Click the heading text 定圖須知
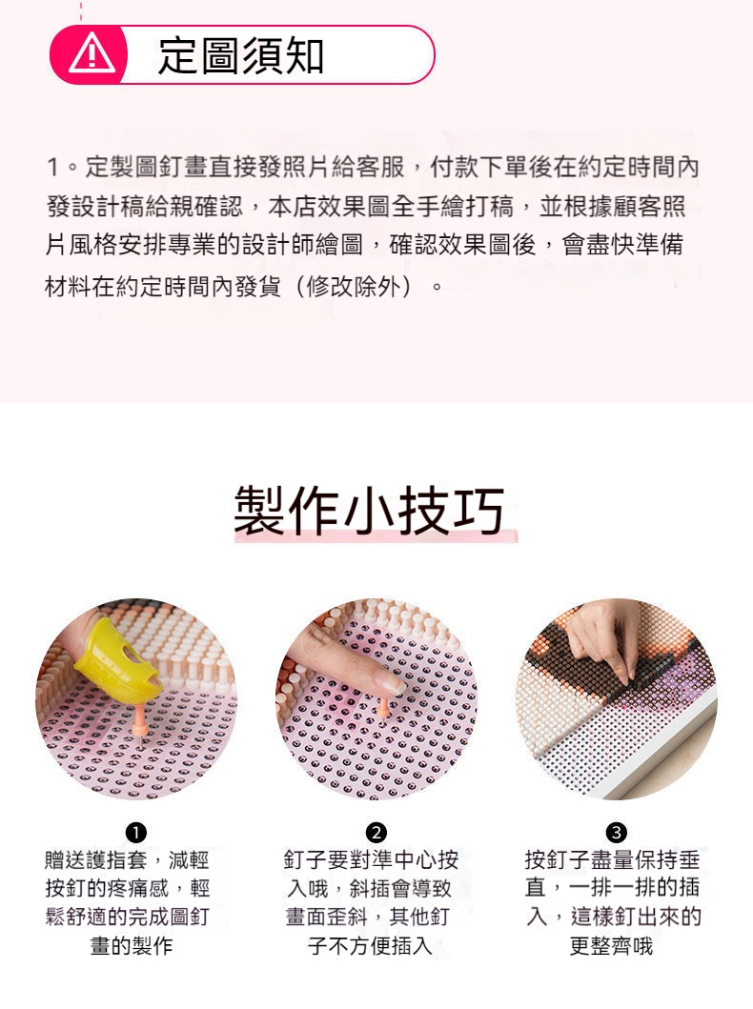pyautogui.click(x=240, y=55)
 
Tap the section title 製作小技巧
pyautogui.click(x=369, y=512)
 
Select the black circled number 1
pyautogui.click(x=135, y=832)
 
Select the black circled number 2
pyautogui.click(x=376, y=832)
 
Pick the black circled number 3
pyautogui.click(x=616, y=832)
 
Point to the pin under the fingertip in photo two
pyautogui.click(x=383, y=708)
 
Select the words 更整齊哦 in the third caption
pyautogui.click(x=611, y=946)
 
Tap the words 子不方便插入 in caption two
pyautogui.click(x=370, y=946)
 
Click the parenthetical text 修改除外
pyautogui.click(x=354, y=287)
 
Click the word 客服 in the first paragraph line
pyautogui.click(x=380, y=168)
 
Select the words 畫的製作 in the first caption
pyautogui.click(x=132, y=946)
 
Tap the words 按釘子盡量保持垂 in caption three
pyautogui.click(x=612, y=860)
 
